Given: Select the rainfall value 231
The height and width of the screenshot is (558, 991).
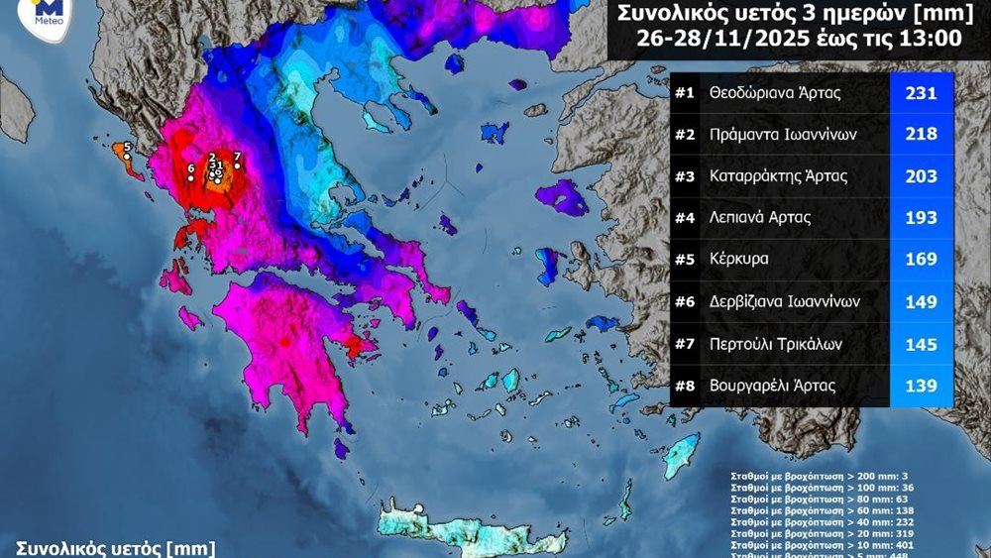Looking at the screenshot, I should click(922, 94).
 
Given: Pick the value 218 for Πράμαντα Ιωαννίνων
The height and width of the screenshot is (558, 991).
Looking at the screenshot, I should click(922, 134).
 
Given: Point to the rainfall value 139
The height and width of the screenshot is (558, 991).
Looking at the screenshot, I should click(922, 386).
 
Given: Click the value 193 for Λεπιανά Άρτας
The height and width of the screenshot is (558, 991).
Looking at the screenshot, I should click(922, 217).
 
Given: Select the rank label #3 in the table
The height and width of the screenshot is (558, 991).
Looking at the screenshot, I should click(684, 177).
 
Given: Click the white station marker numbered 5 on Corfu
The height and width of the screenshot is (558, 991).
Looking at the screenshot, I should click(127, 157).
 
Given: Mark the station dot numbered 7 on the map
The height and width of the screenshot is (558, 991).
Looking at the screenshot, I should click(237, 166).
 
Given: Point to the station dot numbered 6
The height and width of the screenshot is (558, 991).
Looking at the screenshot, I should click(191, 178).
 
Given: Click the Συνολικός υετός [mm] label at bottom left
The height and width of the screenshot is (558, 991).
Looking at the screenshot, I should click(114, 548).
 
